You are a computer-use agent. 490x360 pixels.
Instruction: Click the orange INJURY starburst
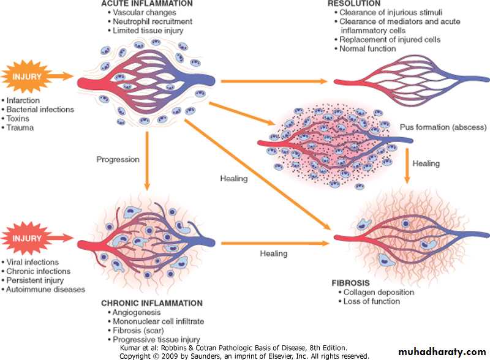26,77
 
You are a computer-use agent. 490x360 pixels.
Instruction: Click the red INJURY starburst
26,238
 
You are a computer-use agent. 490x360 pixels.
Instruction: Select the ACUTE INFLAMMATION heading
147,4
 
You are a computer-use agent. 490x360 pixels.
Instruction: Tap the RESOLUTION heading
354,4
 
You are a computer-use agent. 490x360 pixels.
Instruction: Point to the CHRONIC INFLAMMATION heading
152,303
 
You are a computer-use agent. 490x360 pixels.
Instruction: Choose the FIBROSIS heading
350,283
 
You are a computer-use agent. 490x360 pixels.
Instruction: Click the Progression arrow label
118,159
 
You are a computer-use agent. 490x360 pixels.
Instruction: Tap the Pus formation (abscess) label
443,127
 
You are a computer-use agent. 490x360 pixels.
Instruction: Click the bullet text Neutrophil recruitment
153,21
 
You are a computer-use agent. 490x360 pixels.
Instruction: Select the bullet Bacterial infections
40,110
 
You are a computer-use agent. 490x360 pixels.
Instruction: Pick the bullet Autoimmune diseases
45,290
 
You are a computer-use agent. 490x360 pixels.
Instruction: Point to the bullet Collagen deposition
379,292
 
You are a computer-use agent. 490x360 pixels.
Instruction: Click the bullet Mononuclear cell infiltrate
159,321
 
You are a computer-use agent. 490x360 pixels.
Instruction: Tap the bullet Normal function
367,49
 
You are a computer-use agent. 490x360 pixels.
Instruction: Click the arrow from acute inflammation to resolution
274,81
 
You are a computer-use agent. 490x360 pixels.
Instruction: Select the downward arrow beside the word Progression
147,160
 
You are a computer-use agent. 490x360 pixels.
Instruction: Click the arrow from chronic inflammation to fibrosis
275,243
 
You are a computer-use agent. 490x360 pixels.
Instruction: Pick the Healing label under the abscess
426,163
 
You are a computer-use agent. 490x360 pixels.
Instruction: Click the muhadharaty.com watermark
442,352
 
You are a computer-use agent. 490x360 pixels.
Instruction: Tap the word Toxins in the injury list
18,118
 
